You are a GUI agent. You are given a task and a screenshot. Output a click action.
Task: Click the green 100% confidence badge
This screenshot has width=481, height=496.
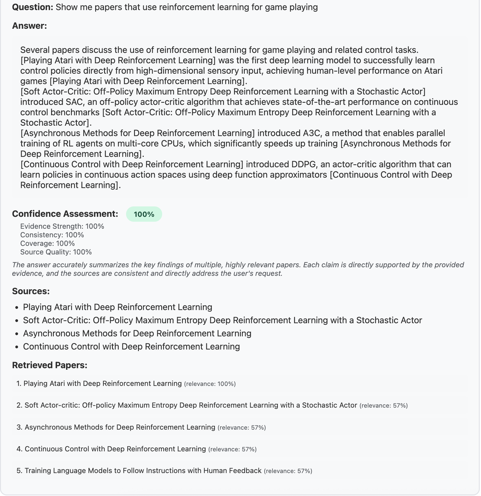point(144,214)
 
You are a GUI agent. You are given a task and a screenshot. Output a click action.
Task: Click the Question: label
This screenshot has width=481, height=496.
point(33,7)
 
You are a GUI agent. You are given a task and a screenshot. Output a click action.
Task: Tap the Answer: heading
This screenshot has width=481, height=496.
point(29,26)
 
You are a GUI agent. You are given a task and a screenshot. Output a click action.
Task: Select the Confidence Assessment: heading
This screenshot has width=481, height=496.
point(65,214)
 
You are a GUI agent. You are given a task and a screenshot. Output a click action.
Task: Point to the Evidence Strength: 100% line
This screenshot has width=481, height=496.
point(62,226)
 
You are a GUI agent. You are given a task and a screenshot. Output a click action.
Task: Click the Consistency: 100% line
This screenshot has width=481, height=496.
point(52,235)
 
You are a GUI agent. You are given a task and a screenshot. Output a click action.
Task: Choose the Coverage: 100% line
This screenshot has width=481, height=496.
point(47,243)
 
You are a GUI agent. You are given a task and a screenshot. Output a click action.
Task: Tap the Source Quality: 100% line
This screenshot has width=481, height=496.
point(56,252)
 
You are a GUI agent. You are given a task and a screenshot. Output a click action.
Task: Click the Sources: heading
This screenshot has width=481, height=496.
point(31,291)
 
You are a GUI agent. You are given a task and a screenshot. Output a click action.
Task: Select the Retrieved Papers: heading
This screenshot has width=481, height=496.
point(50,365)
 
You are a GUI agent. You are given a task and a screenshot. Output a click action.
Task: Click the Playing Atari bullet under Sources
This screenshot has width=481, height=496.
point(117,307)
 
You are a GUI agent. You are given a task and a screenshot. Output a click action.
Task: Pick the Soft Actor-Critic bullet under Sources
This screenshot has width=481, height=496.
point(222,320)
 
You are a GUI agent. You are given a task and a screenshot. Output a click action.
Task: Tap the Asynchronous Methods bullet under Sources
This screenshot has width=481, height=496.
point(137,333)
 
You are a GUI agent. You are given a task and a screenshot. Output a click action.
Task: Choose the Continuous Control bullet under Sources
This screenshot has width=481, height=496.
point(131,346)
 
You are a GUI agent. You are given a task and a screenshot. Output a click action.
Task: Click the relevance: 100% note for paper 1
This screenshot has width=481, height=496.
point(210,384)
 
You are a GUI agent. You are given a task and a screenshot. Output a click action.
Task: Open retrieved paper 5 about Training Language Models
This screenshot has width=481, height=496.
point(143,471)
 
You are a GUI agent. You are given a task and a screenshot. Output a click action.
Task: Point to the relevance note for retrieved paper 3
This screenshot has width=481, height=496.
point(242,428)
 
